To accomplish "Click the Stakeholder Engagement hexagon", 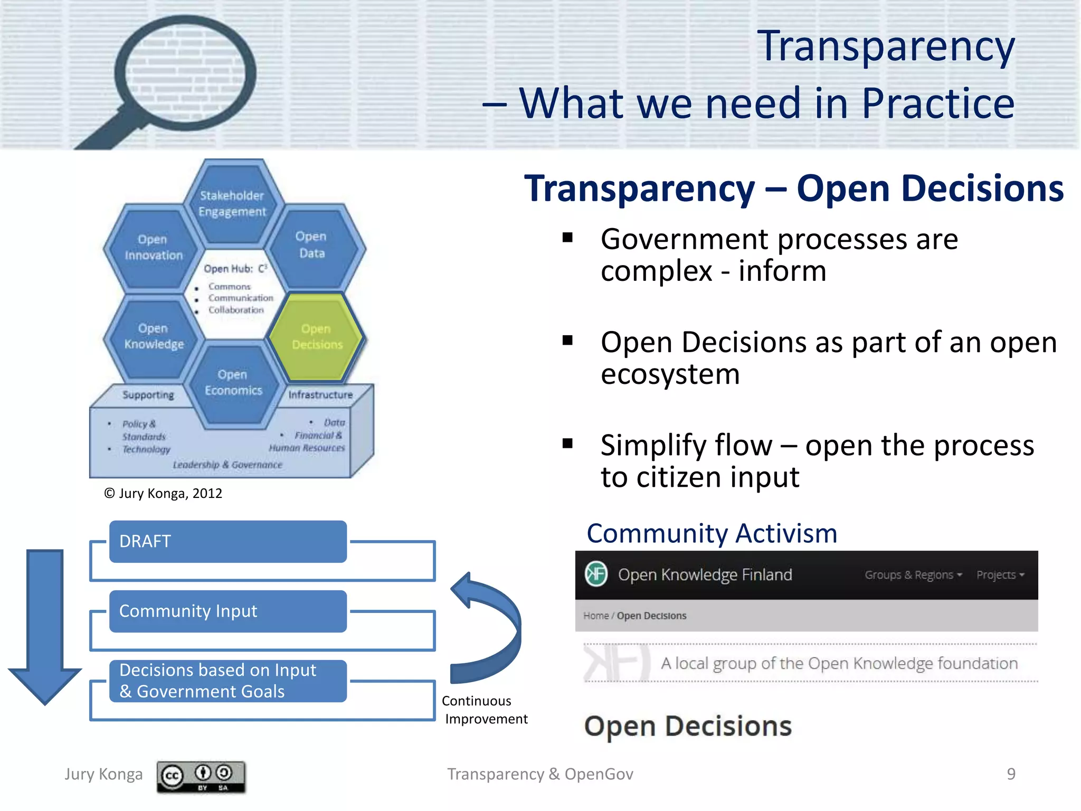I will tap(232, 204).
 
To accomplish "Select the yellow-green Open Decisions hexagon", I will tap(316, 337).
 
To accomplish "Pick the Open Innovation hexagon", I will tap(153, 248).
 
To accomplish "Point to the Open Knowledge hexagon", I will tap(154, 337).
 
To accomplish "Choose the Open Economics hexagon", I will tap(233, 383).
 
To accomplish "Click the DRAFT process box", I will tap(227, 542).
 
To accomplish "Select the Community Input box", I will tap(227, 611).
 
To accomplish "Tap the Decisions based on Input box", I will tap(227, 681).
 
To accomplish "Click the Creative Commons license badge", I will tap(201, 776).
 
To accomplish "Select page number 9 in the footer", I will tap(1011, 774).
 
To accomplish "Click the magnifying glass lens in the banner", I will tap(185, 71).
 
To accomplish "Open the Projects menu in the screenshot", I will tap(1000, 575).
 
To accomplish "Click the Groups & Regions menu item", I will tap(913, 575).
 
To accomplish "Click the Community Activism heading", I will tap(712, 534).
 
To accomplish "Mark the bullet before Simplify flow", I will tap(567, 444).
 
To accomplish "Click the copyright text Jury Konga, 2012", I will tap(163, 494).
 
